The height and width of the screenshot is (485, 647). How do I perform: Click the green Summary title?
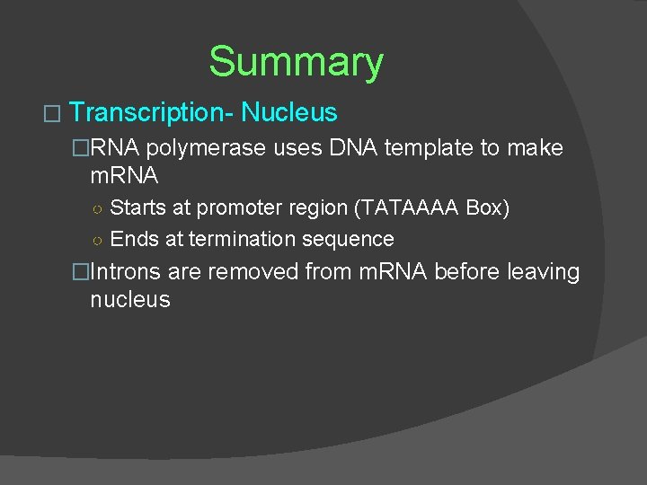pyautogui.click(x=296, y=62)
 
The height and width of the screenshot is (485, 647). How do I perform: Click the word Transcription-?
pyautogui.click(x=151, y=113)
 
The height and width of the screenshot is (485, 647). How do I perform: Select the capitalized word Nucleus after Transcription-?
pyautogui.click(x=289, y=113)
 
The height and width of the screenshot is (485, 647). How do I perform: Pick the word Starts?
pyautogui.click(x=138, y=208)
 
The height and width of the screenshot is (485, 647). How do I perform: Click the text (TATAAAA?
pyautogui.click(x=409, y=208)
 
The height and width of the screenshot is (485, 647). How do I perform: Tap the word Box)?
pyautogui.click(x=488, y=208)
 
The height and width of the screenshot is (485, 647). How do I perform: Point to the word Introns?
pyautogui.click(x=126, y=271)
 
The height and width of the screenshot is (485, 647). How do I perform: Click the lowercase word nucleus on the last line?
pyautogui.click(x=130, y=300)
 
